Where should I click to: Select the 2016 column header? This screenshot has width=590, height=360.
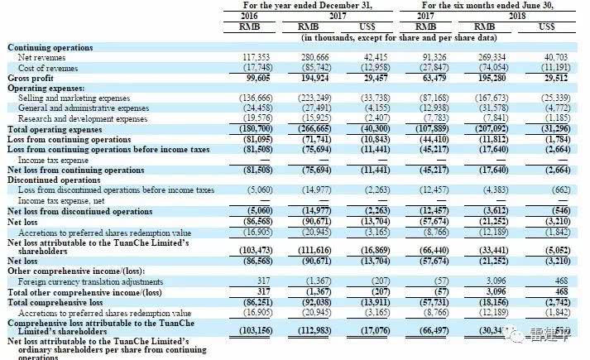pyautogui.click(x=249, y=15)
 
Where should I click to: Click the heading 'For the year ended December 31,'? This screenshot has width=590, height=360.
pyautogui.click(x=309, y=5)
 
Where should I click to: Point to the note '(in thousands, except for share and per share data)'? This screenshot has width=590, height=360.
pyautogui.click(x=399, y=37)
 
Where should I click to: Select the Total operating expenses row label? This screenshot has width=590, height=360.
pyautogui.click(x=55, y=128)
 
